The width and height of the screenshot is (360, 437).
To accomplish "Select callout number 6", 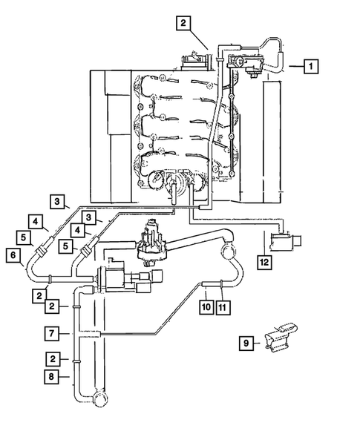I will pos(13,254).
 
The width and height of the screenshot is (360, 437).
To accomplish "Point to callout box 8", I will pos(51,376).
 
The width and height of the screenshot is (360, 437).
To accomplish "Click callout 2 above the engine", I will pos(183,23).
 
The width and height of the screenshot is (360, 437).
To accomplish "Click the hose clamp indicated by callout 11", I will pos(223,283).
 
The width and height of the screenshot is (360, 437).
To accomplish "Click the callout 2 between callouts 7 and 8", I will pos(51,358).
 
